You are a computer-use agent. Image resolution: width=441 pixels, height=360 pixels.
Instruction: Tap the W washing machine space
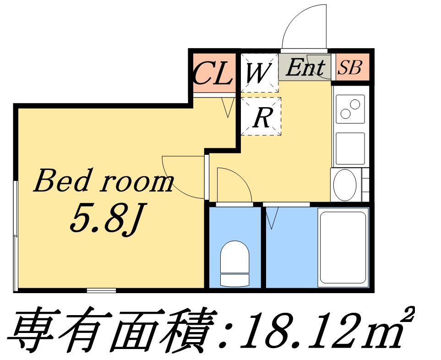pyautogui.click(x=260, y=72)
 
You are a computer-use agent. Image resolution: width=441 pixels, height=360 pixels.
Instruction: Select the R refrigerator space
pyautogui.click(x=261, y=116)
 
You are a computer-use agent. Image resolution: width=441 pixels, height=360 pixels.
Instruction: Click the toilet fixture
pyautogui.click(x=235, y=263)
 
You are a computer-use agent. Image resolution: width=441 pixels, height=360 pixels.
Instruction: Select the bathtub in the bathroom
pyautogui.click(x=343, y=247)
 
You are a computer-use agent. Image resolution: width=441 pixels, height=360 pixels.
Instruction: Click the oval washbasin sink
pyautogui.click(x=345, y=185)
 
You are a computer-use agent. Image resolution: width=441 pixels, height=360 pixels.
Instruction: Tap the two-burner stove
pyautogui.click(x=350, y=109)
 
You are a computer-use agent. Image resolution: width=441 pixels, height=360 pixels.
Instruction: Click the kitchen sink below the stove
pyautogui.click(x=350, y=148)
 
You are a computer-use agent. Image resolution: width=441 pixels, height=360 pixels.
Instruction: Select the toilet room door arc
pyautogui.click(x=241, y=177)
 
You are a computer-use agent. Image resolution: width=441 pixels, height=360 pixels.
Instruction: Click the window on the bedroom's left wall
pyautogui.click(x=16, y=236)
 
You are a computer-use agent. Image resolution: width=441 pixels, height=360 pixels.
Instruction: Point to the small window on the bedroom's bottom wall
pyautogui.click(x=102, y=290)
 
